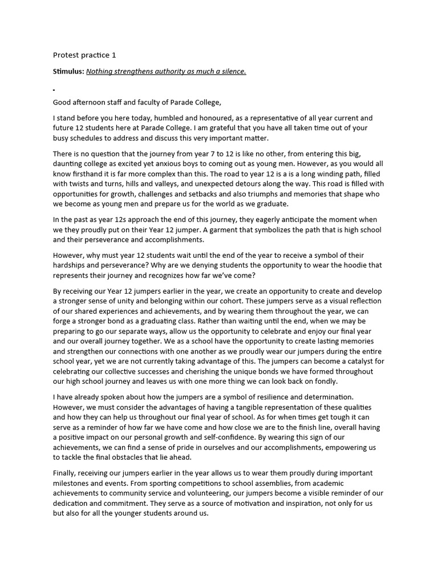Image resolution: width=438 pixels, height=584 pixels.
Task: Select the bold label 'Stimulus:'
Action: click(68, 71)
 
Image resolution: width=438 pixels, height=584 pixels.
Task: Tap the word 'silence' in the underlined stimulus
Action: click(231, 71)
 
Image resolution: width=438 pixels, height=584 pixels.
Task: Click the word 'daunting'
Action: click(69, 164)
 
